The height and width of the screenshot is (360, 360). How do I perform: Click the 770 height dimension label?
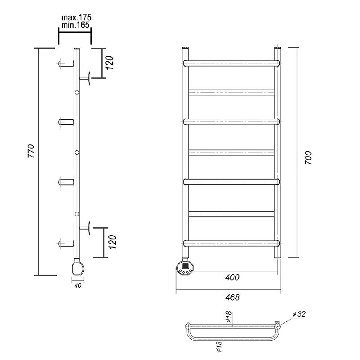[31, 151]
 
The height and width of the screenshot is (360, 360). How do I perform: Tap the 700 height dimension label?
[308, 157]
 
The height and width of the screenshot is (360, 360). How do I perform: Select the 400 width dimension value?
[232, 277]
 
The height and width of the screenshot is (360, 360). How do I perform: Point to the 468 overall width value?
[232, 297]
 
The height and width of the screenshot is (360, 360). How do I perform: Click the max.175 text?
[76, 18]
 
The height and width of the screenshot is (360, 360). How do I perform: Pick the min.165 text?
[75, 25]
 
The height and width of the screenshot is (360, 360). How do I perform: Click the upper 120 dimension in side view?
[110, 63]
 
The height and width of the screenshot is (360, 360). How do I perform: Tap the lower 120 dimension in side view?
[112, 242]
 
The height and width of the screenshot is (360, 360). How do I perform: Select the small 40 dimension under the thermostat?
[78, 285]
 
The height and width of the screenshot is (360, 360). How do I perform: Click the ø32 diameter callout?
[299, 314]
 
